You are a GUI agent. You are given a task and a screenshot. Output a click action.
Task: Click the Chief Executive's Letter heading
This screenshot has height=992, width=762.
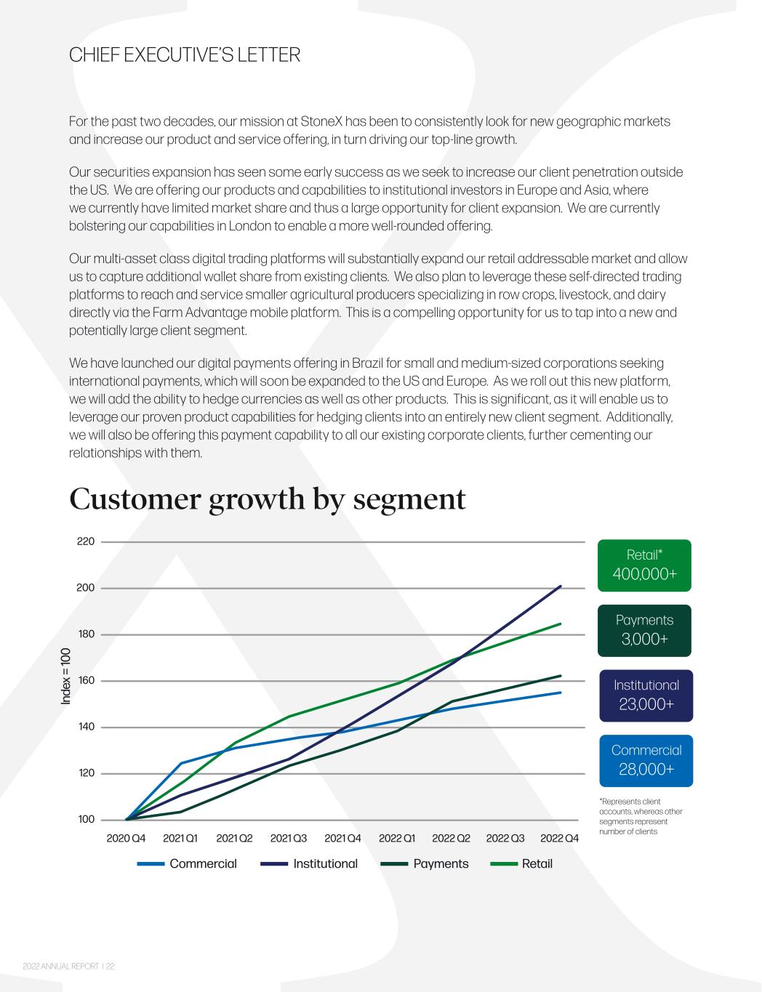[185, 55]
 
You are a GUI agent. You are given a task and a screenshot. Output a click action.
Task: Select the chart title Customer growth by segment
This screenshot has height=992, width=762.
[268, 499]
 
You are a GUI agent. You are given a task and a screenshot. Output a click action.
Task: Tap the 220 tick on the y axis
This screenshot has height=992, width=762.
[85, 541]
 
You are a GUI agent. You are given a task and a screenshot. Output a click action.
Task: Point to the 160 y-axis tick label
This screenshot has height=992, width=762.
[85, 680]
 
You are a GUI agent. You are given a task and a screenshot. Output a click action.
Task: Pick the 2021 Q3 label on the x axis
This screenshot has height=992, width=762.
[289, 838]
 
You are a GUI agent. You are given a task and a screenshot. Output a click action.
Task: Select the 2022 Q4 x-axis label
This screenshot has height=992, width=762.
[559, 838]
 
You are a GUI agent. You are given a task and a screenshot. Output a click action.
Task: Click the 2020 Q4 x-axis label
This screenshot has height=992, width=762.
[126, 838]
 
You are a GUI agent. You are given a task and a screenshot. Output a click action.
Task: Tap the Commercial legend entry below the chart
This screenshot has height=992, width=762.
[187, 863]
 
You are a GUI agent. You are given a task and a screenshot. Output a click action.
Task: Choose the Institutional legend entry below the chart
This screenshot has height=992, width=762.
[309, 863]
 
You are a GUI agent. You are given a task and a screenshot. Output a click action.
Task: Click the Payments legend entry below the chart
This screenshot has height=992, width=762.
[425, 863]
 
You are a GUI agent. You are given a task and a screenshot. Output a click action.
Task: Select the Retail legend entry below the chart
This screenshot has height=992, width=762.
[521, 863]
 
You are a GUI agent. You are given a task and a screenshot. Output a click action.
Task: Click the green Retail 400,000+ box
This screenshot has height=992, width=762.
[644, 565]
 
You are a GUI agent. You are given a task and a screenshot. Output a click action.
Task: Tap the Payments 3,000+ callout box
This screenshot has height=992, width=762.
[644, 630]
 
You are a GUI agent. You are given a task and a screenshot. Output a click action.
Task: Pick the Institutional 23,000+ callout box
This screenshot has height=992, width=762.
[646, 695]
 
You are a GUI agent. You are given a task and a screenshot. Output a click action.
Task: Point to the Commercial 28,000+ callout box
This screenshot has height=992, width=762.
[646, 761]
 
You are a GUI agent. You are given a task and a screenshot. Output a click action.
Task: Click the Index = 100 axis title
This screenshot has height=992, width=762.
[66, 676]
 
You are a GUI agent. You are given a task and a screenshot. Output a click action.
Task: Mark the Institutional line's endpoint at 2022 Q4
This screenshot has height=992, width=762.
[560, 586]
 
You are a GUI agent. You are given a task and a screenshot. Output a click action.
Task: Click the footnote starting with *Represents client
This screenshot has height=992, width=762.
[641, 816]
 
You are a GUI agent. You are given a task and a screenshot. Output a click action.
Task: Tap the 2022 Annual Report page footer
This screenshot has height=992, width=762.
[69, 966]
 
